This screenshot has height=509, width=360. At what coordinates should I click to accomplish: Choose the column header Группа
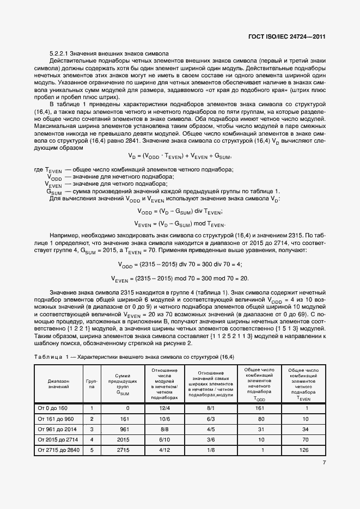click(92, 383)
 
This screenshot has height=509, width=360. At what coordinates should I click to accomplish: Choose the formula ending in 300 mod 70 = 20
click(180, 279)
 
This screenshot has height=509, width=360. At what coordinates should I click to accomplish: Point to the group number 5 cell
click(92, 449)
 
